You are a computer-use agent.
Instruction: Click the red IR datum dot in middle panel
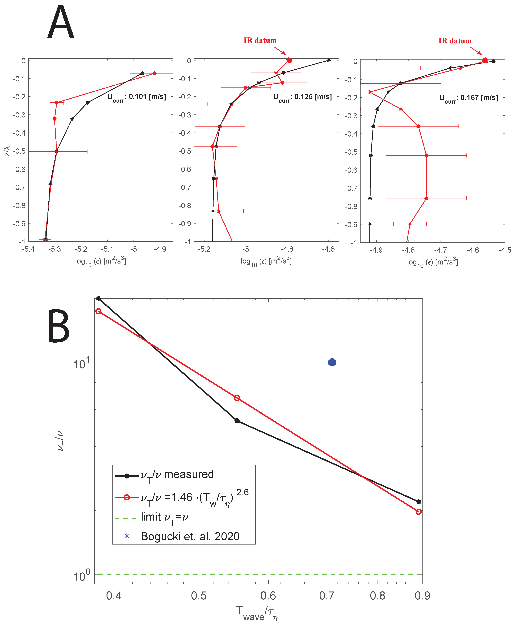[x=289, y=60]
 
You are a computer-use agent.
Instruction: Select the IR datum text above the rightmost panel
[x=455, y=41]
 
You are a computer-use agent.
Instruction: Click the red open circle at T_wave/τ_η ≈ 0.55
[x=237, y=398]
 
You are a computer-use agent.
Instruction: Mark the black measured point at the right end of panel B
[x=418, y=501]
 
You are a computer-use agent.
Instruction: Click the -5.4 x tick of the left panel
[x=28, y=249]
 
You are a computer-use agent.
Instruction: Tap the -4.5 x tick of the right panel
[x=505, y=250]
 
